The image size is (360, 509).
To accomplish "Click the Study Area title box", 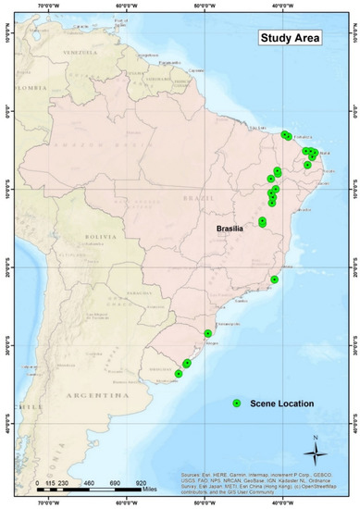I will point(289,39).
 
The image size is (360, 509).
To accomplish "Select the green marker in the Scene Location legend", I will point(236,403).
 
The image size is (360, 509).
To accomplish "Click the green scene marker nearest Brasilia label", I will point(263,221).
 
